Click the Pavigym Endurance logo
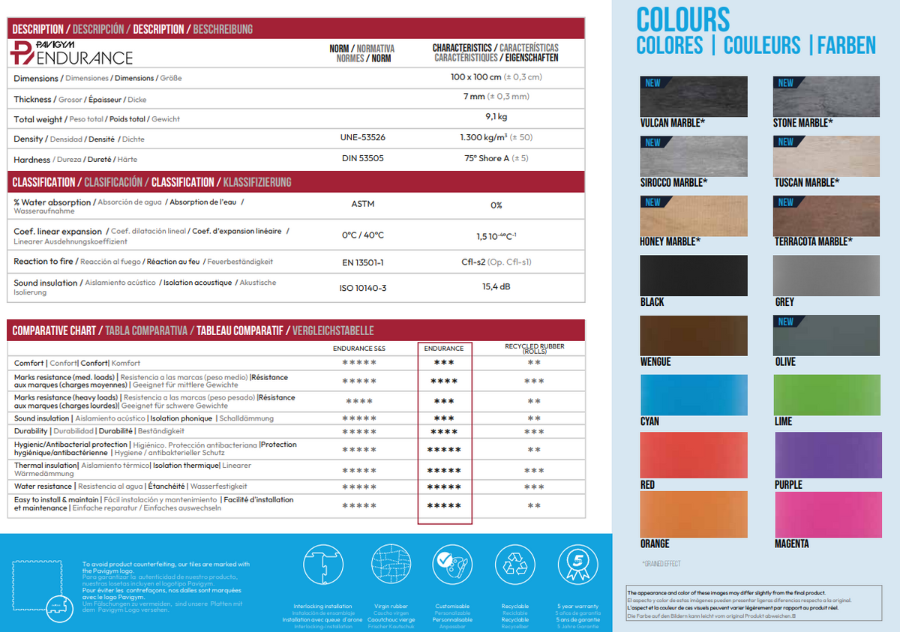73,52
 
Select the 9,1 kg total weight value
496,117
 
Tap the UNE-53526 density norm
362,138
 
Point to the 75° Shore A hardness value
496,158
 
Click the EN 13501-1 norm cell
362,263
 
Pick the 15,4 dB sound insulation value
496,286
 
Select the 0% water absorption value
496,205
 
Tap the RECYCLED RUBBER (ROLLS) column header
534,349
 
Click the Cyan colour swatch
694,394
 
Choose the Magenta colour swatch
826,514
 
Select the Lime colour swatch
826,394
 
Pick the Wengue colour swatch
694,335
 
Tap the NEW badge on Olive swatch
785,322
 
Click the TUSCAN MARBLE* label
806,183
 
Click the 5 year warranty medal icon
577,568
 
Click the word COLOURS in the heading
682,19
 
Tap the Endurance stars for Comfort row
444,363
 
